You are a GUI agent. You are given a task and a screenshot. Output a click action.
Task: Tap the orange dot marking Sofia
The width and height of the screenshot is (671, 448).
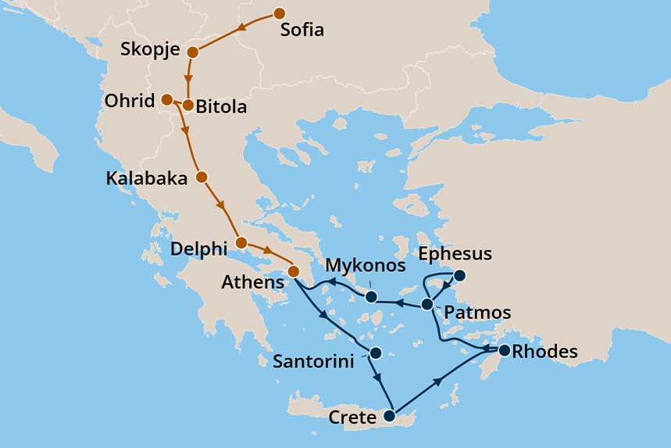279,13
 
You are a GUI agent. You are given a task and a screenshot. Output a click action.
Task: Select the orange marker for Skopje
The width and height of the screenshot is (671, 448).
193,52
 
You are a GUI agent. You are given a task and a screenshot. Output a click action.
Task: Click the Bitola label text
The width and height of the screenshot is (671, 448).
221,107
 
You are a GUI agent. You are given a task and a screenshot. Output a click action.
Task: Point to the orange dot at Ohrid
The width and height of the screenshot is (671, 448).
166,99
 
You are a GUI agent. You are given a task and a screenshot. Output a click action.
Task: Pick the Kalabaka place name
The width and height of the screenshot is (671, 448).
147,179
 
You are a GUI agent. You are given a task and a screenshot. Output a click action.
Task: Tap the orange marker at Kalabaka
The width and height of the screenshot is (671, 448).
202,177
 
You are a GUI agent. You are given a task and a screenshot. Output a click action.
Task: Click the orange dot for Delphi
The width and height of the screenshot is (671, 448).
241,242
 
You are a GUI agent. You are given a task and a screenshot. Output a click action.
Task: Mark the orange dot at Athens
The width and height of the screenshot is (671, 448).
294,271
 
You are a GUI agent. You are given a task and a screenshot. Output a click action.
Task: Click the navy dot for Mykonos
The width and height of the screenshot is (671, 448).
372,296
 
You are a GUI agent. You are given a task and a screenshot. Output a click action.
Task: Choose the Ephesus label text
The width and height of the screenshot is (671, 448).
455,254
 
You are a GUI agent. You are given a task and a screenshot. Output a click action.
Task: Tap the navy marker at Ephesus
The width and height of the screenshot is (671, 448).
460,275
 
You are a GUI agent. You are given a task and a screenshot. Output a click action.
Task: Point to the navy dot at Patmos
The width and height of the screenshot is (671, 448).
427,304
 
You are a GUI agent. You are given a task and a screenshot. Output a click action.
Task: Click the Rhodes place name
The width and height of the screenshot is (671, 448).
546,352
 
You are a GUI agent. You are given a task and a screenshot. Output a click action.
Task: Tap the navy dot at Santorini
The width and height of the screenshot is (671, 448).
376,353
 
